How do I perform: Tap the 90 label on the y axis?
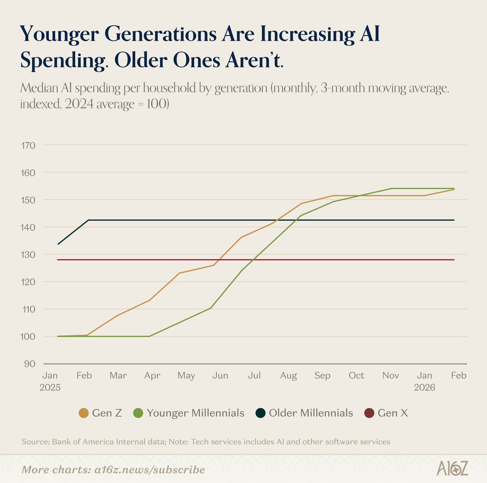[29, 364]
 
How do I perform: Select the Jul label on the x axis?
[254, 376]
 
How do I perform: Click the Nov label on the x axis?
[390, 376]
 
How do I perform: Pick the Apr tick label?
[152, 376]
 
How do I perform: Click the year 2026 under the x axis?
[425, 388]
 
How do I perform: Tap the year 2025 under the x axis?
[50, 388]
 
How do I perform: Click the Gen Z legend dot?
[84, 413]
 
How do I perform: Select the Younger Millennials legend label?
[195, 413]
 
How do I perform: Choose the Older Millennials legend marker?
[261, 413]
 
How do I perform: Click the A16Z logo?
[452, 469]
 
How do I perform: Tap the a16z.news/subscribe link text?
[148, 470]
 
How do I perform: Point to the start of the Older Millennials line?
[58, 244]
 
